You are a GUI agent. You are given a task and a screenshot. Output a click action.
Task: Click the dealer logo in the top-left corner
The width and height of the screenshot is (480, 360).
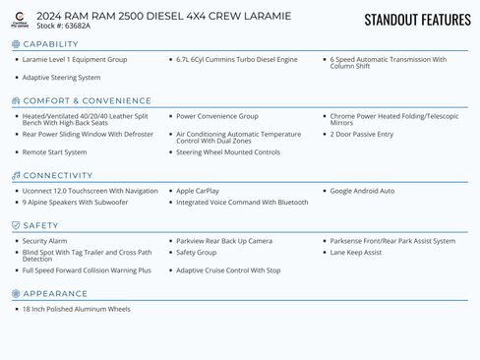tap(21, 20)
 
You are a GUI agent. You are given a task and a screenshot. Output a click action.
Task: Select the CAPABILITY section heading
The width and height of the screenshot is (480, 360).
tap(50, 44)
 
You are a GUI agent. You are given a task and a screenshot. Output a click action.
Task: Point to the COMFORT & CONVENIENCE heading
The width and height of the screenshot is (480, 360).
tap(74, 100)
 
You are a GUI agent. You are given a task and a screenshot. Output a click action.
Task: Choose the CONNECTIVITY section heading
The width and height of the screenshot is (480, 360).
tap(57, 175)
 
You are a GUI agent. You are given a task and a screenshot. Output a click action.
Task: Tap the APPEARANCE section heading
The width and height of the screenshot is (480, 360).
tap(55, 293)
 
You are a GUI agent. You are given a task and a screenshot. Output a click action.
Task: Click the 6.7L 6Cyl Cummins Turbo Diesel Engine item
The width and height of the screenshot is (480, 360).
tap(236, 60)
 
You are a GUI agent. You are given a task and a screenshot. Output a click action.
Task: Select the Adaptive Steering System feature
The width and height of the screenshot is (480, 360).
tap(61, 77)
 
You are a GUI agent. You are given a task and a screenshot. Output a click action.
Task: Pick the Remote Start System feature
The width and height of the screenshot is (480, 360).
tap(54, 152)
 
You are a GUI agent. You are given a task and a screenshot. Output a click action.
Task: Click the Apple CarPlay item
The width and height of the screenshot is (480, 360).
tap(198, 191)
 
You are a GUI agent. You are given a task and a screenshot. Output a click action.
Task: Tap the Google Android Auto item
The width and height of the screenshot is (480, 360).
tap(362, 191)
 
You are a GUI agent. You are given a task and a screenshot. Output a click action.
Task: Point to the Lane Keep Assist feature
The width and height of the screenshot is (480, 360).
tap(356, 252)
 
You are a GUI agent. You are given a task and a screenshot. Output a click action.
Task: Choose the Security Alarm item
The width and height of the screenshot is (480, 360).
tap(45, 241)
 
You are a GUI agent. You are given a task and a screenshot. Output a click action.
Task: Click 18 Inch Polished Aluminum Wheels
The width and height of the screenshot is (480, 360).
tap(76, 309)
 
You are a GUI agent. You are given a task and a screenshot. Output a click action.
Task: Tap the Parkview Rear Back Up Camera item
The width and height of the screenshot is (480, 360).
tap(224, 241)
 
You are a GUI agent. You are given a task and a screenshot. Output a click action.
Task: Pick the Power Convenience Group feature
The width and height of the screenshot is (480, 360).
tap(217, 116)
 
